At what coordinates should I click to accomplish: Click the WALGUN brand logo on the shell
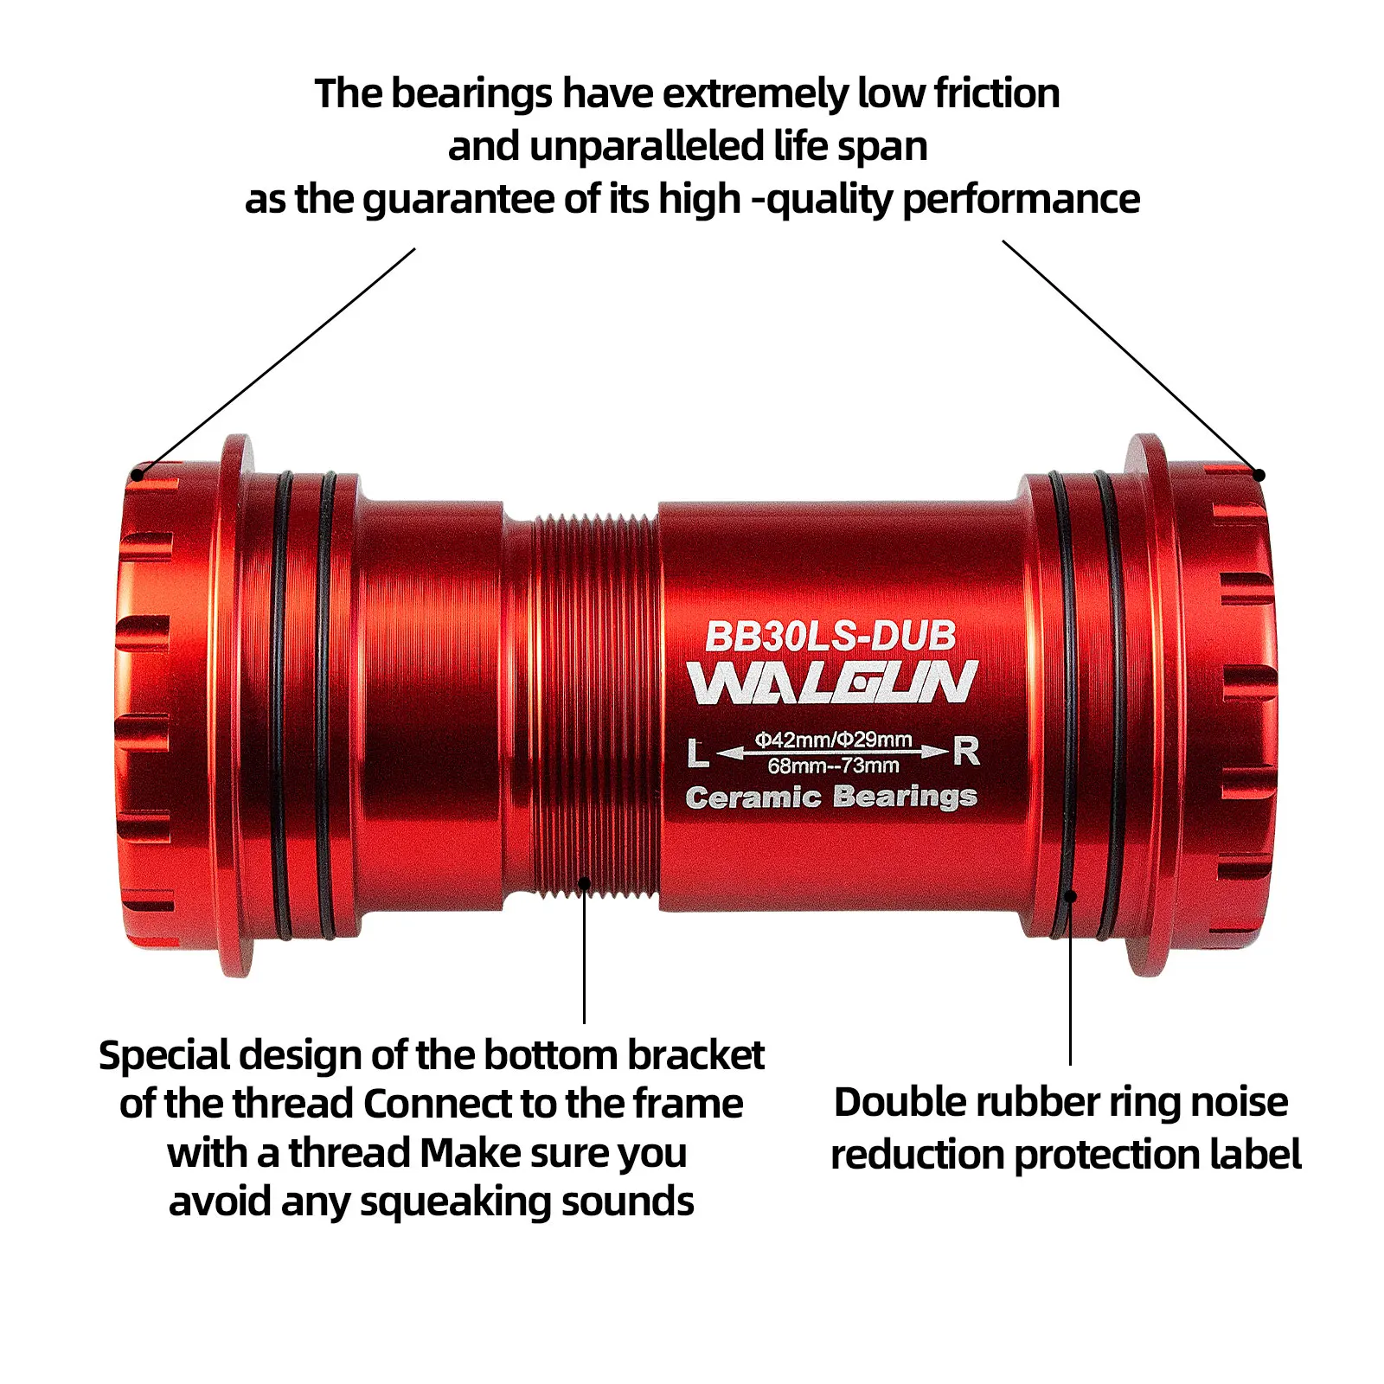(x=832, y=682)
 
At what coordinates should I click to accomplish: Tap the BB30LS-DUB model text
(x=830, y=637)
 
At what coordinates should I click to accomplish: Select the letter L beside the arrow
(x=698, y=753)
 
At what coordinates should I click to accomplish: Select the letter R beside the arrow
(x=966, y=751)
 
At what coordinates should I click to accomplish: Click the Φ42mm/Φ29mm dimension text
(x=833, y=740)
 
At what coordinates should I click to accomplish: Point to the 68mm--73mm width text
(x=833, y=766)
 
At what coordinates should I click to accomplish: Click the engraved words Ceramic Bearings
(x=830, y=797)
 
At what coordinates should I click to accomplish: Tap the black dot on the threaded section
(x=585, y=883)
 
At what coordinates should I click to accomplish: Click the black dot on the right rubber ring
(x=1070, y=896)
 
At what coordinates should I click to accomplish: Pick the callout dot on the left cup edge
(x=137, y=475)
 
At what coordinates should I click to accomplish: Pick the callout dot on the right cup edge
(x=1259, y=475)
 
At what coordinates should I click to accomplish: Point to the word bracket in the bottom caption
(x=695, y=1055)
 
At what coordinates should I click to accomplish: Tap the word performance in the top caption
(x=1021, y=200)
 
